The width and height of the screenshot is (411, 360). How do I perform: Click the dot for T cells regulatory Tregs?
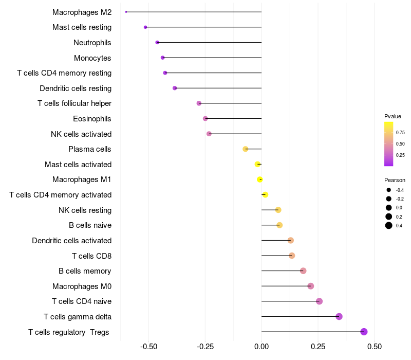pos(364,332)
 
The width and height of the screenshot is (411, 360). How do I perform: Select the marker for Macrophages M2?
pos(126,12)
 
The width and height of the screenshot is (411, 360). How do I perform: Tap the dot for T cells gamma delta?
pos(339,316)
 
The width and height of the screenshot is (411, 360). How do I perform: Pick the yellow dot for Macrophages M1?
pos(260,179)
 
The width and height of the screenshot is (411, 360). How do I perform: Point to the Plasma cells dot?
pos(246,149)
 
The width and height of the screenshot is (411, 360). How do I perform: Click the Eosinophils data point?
pos(206,119)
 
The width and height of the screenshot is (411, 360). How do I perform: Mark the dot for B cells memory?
pos(303,271)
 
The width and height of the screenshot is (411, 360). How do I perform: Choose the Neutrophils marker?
pos(157,42)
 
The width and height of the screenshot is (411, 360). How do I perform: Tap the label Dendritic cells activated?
pos(71,240)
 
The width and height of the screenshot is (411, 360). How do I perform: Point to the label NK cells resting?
pos(85,210)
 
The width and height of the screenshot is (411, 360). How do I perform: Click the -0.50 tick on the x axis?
pos(148,347)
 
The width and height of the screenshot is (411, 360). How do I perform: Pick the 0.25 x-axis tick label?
pos(318,347)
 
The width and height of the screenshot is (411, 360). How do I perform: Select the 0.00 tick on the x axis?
pos(261,347)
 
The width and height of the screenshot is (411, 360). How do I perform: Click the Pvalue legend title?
pos(393,116)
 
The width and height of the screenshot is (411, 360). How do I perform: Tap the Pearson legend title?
pos(395,180)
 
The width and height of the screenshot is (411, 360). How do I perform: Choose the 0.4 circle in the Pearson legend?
pos(389,225)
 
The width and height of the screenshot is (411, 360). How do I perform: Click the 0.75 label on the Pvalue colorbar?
pos(400,132)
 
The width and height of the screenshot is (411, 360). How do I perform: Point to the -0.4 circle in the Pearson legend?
pos(389,190)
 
